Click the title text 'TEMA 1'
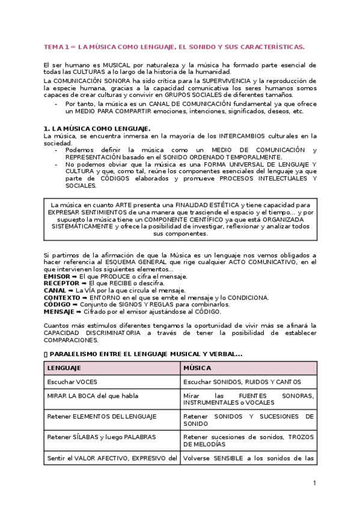coord(56,46)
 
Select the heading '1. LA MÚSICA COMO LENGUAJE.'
coord(97,129)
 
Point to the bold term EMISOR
coord(57,276)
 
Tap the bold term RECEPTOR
coord(61,283)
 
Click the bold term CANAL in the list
coord(55,290)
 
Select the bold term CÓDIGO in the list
coord(57,305)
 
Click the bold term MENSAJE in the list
coord(59,312)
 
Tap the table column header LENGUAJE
coord(64,367)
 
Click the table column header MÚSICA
coord(197,367)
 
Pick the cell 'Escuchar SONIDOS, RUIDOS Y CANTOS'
coord(242,382)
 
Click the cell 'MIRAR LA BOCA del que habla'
coord(88,396)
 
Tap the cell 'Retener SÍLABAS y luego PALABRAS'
coord(93,437)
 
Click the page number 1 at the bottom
coord(314,484)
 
